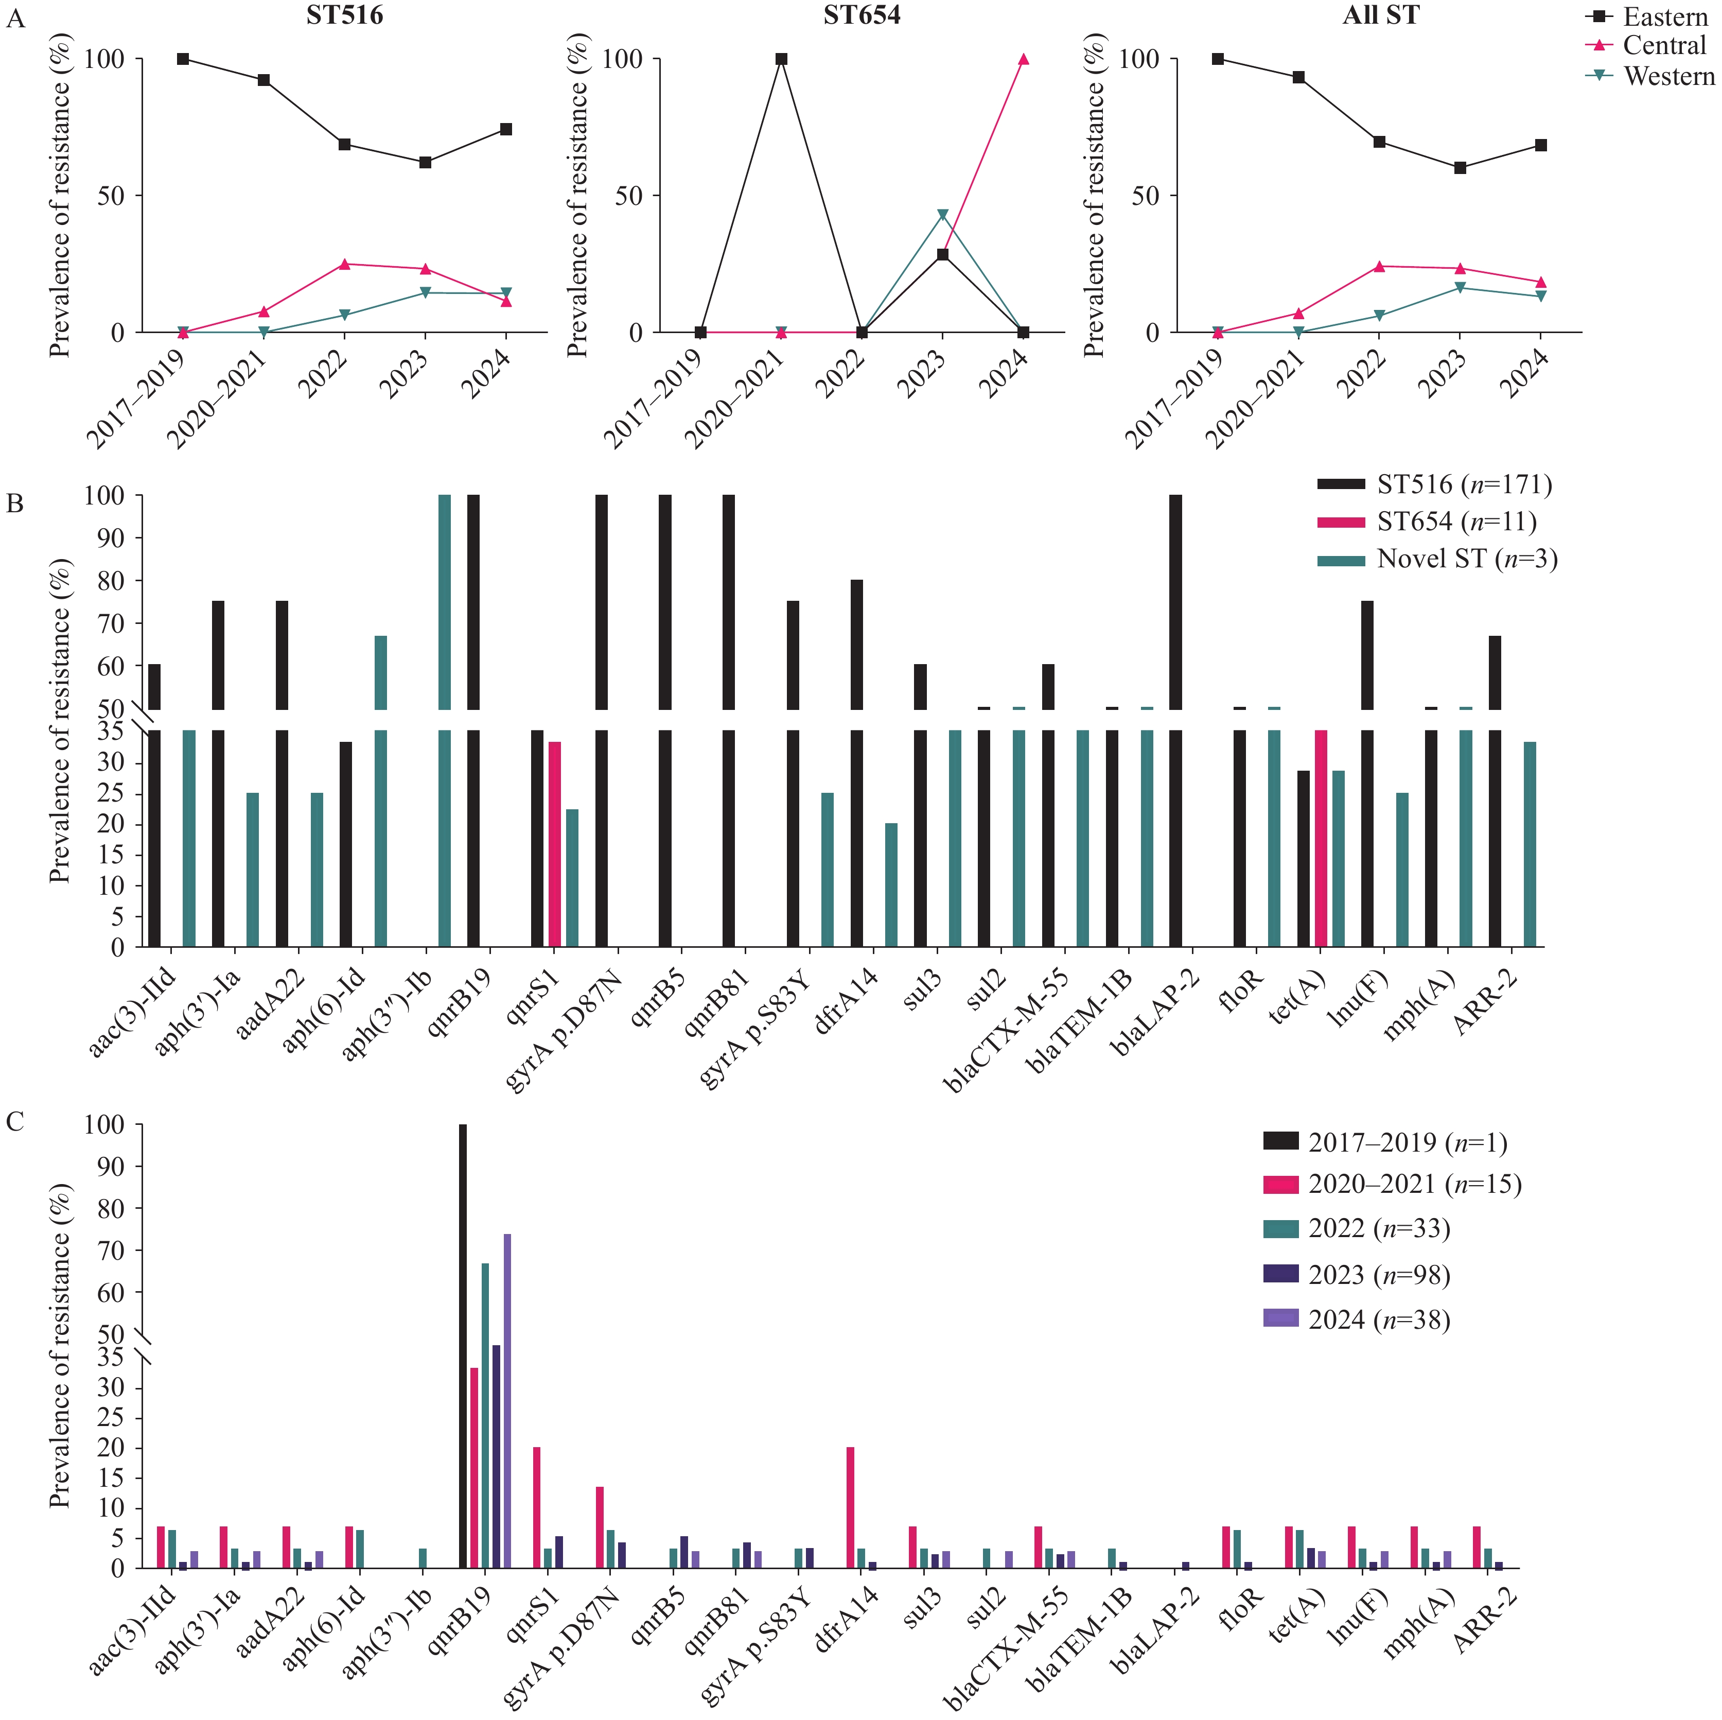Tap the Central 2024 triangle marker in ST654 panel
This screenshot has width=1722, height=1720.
[1023, 59]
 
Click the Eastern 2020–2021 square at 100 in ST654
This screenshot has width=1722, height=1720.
[781, 59]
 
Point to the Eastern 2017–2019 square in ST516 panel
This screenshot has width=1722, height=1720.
[183, 59]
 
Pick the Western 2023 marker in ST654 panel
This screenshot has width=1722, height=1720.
[942, 215]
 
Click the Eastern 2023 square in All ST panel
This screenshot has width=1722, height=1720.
[1460, 168]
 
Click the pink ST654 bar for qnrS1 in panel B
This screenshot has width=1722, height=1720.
[554, 843]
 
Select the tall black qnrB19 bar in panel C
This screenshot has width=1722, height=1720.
[463, 1346]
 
